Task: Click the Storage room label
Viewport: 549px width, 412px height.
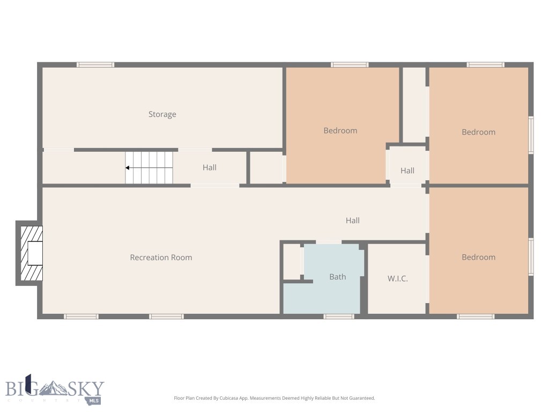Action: click(162, 114)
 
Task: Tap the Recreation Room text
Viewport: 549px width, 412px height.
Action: click(161, 257)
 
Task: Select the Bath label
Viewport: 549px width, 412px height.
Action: click(337, 277)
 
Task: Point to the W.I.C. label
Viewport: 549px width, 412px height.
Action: click(398, 278)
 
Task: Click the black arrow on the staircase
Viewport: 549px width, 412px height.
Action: click(128, 168)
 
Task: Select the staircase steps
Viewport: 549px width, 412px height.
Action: click(150, 168)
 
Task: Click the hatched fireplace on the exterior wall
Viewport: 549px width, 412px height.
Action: click(31, 253)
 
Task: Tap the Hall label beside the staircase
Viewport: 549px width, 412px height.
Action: click(210, 167)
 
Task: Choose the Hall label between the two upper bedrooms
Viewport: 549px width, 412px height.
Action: click(407, 171)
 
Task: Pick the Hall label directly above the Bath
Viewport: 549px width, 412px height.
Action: click(352, 220)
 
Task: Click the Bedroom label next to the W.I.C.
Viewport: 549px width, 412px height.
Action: click(478, 257)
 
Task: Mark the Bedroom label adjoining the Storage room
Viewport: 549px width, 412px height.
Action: click(340, 130)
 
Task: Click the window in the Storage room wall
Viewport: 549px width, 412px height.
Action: click(95, 65)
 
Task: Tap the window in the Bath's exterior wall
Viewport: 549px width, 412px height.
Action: click(339, 317)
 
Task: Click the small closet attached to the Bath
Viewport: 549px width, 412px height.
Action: click(292, 261)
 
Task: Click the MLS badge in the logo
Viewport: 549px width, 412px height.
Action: click(95, 400)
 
